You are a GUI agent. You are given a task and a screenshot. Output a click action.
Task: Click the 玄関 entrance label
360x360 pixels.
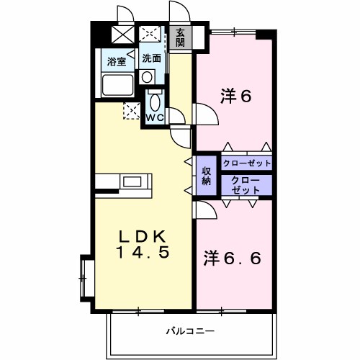(x=179, y=37)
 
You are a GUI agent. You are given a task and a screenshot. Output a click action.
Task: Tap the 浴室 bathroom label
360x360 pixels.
(x=116, y=62)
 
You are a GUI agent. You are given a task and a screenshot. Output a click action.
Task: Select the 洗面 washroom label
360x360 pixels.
(x=150, y=58)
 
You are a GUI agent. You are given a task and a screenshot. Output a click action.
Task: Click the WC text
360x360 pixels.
(x=156, y=117)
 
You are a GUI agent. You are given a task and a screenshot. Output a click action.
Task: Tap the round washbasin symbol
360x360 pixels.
(x=147, y=76)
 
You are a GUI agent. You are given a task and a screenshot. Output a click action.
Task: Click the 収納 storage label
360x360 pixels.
(x=207, y=176)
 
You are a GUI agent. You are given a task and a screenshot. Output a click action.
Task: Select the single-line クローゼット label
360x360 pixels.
(x=247, y=163)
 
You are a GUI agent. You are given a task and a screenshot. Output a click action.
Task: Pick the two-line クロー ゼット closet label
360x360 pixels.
(x=246, y=185)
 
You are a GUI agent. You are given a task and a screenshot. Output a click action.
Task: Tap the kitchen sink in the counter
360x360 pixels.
(x=132, y=181)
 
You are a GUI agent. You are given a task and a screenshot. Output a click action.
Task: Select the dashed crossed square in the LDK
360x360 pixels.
(x=132, y=110)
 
